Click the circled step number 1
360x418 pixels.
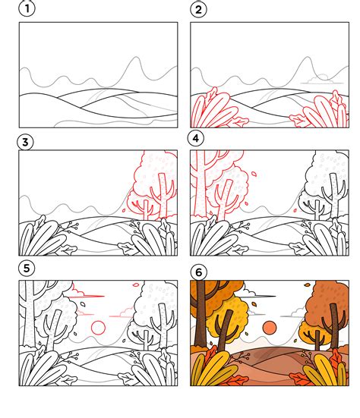tap(27, 8)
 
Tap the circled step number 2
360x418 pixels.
tap(198, 10)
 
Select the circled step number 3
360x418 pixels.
tap(25, 142)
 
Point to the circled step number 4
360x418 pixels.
tap(196, 138)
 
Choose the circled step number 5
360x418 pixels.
tap(27, 268)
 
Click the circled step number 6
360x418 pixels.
tap(198, 272)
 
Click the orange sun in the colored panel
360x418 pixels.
tap(270, 328)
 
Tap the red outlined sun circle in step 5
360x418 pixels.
tap(98, 328)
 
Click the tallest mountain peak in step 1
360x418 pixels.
tap(137, 58)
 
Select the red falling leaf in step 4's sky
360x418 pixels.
tap(254, 174)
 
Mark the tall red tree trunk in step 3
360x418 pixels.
tap(163, 196)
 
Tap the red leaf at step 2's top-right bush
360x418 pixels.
tap(336, 99)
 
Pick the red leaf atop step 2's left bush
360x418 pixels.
tap(212, 93)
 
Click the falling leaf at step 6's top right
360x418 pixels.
tap(307, 284)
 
